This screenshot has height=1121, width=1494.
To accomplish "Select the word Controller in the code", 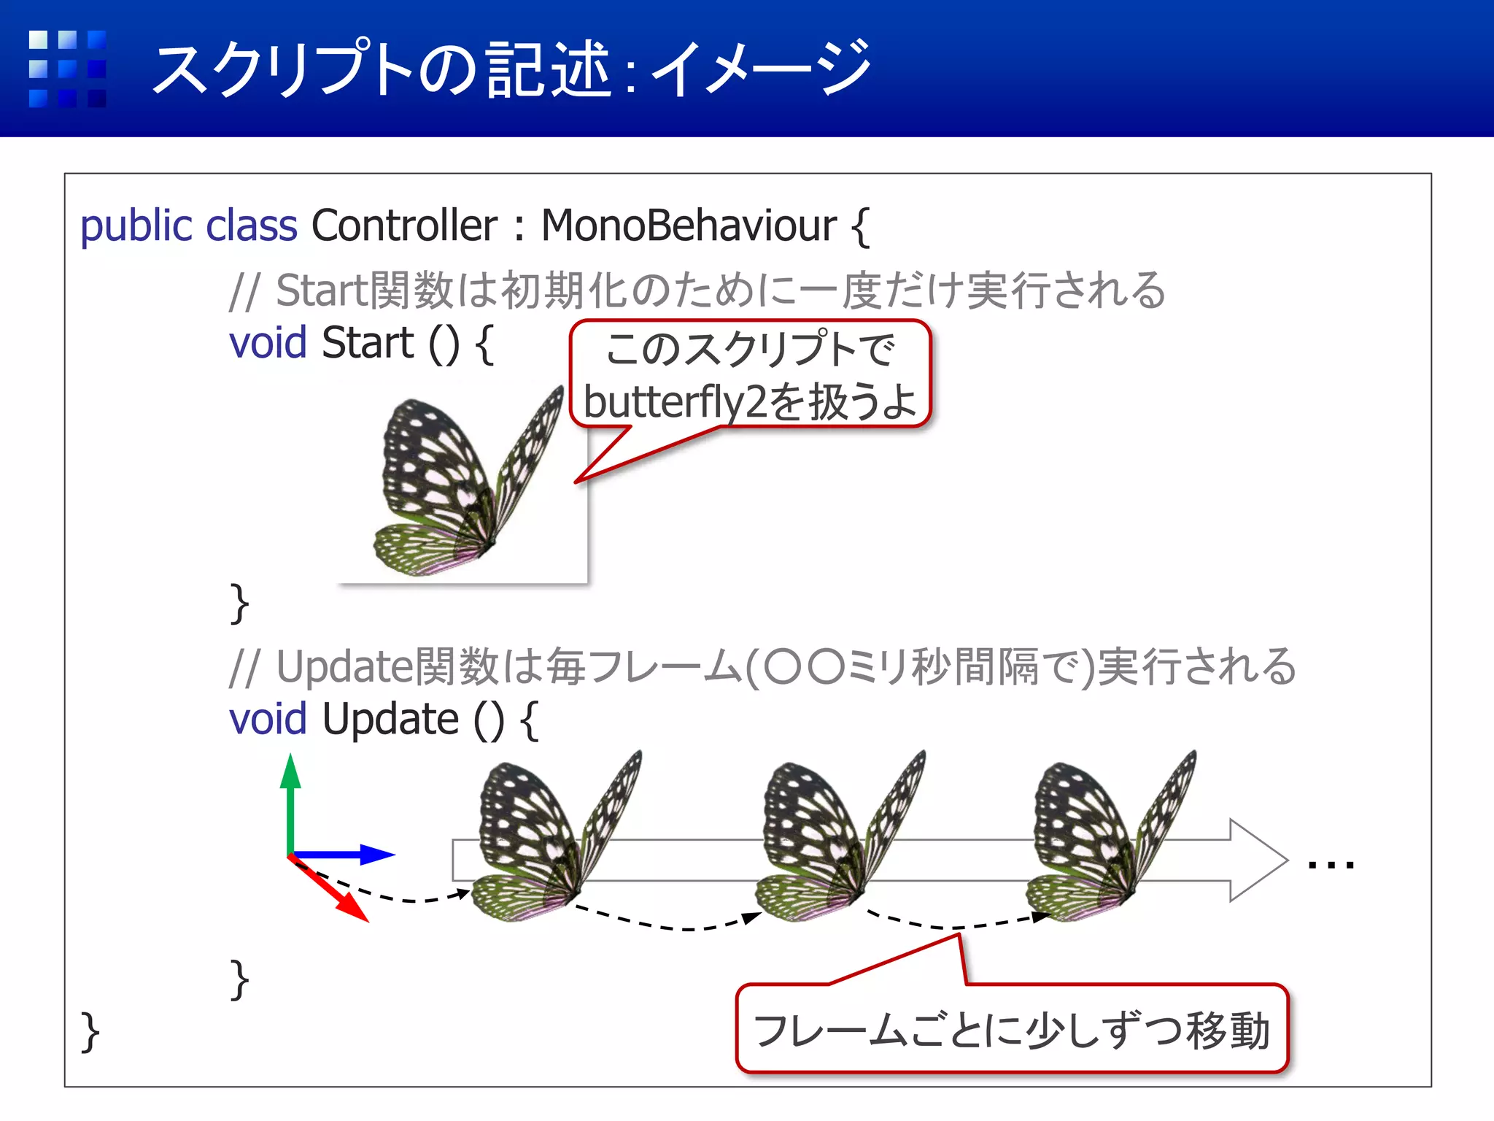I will [404, 226].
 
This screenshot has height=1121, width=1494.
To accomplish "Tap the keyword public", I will [137, 227].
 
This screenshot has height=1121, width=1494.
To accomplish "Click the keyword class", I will [252, 226].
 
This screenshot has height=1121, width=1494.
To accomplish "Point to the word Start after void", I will [368, 342].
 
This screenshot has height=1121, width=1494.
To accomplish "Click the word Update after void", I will [390, 720].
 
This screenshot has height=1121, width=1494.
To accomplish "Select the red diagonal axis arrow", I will [332, 892].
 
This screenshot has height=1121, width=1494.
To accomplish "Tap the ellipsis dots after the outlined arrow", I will [1331, 866].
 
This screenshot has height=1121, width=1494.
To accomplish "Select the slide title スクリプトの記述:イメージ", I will [511, 69].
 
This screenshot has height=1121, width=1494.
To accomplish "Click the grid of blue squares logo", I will [67, 69].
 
